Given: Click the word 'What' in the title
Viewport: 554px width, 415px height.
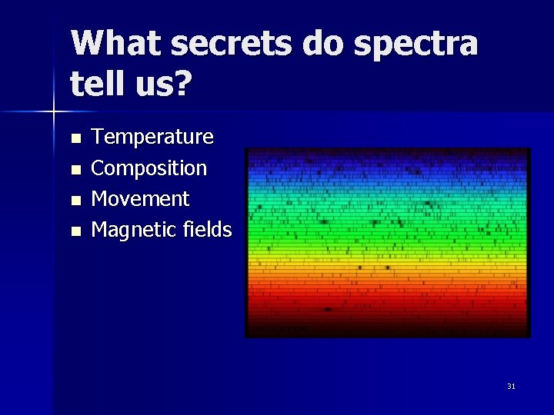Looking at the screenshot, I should (x=115, y=43).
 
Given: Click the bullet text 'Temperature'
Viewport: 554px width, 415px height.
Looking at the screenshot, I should (x=152, y=138).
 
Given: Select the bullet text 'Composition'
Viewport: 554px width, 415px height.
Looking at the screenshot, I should (x=149, y=168).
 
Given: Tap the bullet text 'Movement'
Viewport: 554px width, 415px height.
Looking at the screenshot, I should (x=140, y=198).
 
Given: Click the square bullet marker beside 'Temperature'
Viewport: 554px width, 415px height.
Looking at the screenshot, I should (x=75, y=139).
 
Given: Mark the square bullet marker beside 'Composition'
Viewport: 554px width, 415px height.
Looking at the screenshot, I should (x=75, y=170).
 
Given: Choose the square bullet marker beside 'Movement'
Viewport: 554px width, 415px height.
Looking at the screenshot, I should (x=75, y=200).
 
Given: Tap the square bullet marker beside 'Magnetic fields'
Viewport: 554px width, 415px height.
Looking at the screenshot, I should (x=75, y=231).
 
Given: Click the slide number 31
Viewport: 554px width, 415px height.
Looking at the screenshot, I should (x=511, y=386).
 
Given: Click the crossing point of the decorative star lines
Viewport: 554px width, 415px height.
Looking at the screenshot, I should (x=54, y=112).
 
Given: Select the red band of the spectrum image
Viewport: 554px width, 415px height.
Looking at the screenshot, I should (x=387, y=296).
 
